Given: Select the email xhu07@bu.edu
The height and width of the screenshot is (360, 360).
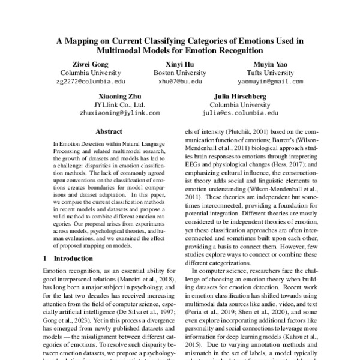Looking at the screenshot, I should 180,81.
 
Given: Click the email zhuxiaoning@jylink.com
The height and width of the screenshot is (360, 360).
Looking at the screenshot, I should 120,112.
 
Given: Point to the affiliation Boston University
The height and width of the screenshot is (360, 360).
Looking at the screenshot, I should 180,72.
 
